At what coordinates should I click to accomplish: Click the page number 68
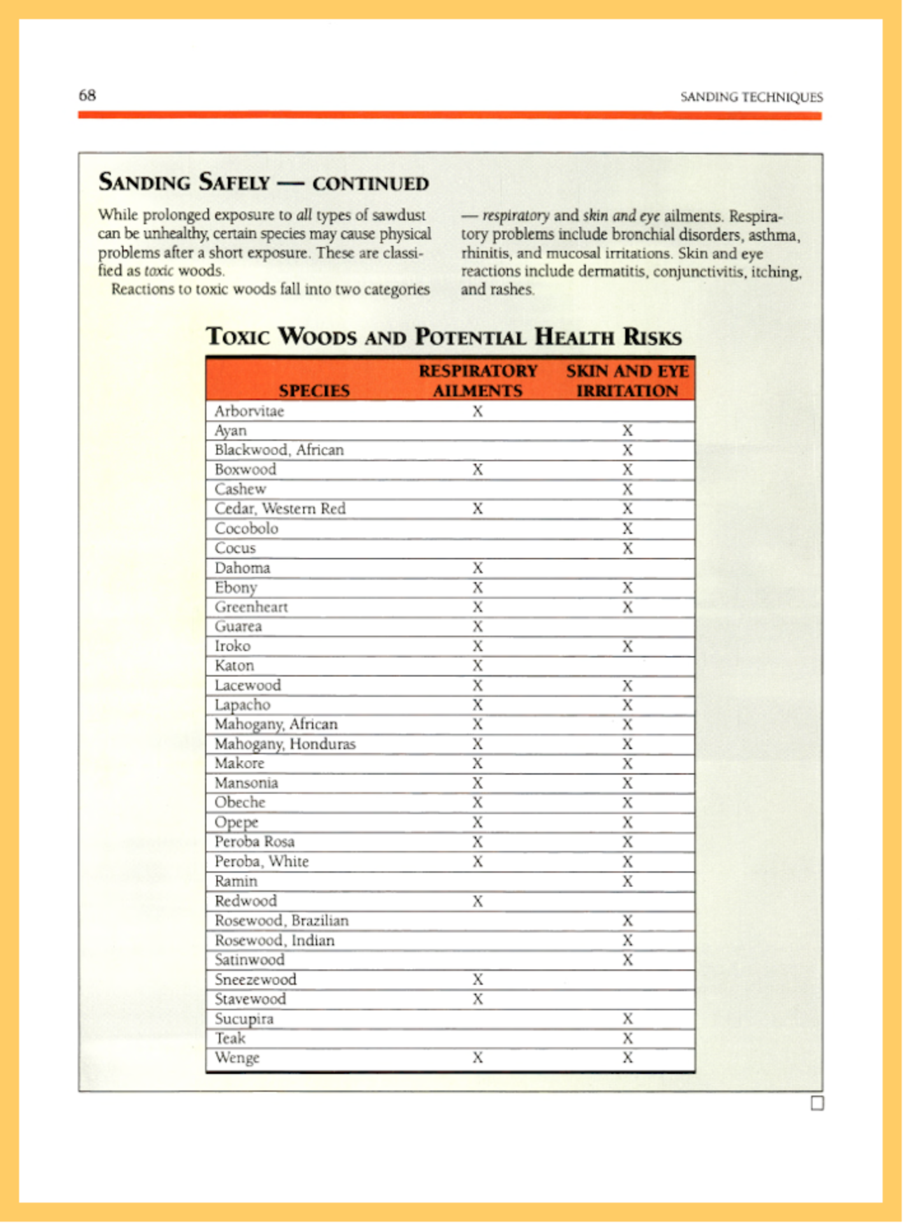pos(87,96)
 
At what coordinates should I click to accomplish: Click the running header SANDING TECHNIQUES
pos(751,97)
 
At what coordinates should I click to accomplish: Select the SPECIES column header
pos(314,390)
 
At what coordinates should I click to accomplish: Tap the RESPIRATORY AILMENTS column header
pos(478,381)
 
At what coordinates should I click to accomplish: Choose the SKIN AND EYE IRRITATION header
pos(627,381)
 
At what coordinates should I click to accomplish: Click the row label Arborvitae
pos(249,411)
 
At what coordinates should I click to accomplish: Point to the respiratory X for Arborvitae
pos(478,411)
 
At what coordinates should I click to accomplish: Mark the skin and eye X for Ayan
pos(627,431)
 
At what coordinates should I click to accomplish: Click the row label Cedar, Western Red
pos(280,509)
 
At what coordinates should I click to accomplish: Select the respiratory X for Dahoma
pos(478,568)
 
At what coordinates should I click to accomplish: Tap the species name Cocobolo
pos(246,529)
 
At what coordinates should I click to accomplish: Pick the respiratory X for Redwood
pos(478,901)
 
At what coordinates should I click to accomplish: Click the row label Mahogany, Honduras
pos(285,744)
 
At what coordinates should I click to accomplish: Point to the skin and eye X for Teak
pos(627,1038)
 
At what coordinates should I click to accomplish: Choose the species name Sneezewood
pos(255,980)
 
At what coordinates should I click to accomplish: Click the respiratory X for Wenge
pos(478,1058)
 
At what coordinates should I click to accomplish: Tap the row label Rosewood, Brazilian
pos(281,921)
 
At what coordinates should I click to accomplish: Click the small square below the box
pos(817,1103)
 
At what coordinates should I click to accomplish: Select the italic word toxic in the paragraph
pos(159,271)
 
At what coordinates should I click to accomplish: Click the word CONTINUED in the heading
pos(371,184)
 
